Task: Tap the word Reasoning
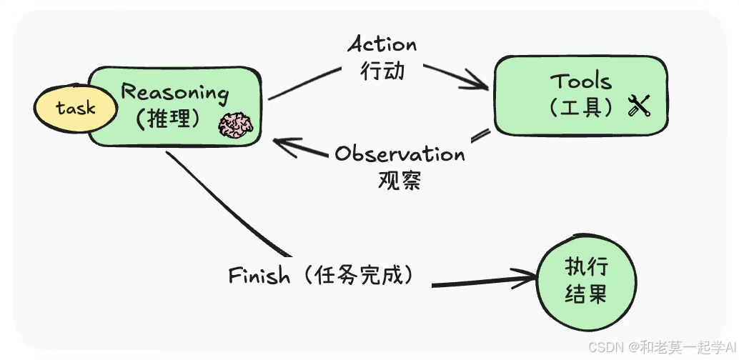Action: (175, 92)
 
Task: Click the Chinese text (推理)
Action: (168, 118)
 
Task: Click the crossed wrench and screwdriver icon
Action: (638, 107)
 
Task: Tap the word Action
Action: (382, 44)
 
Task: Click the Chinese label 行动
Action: (383, 70)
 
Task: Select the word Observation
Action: (400, 154)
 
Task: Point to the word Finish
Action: (259, 276)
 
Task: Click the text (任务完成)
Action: (354, 276)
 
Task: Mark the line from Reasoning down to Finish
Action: (229, 207)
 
